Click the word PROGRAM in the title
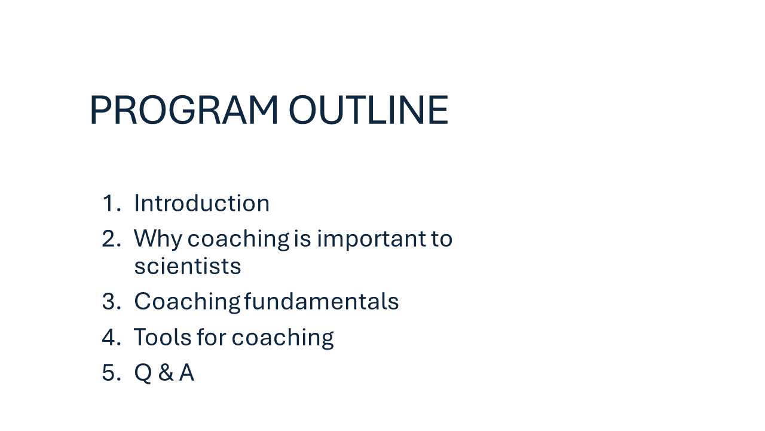click(x=183, y=110)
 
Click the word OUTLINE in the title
click(x=369, y=110)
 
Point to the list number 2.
click(x=112, y=238)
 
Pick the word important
click(x=372, y=239)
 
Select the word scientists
click(x=188, y=266)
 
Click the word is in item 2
click(x=302, y=238)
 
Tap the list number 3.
click(x=112, y=301)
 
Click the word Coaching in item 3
click(x=188, y=302)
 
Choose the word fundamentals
click(x=322, y=301)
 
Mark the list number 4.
click(x=112, y=337)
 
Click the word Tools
click(x=162, y=337)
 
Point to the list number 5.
click(x=112, y=372)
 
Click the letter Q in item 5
click(x=143, y=373)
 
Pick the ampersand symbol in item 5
click(x=166, y=372)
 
